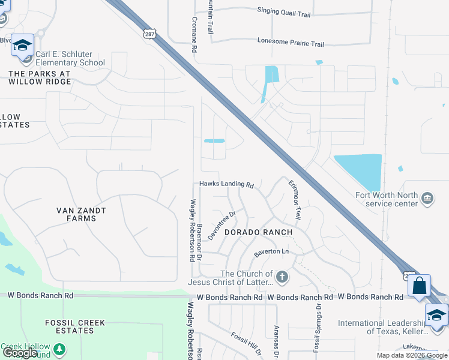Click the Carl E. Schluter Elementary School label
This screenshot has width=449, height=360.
click(70, 58)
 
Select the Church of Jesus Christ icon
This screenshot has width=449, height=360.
click(282, 277)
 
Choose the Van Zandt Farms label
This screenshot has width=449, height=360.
click(81, 214)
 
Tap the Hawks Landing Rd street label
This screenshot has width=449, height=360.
click(227, 185)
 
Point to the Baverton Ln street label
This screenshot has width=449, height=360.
click(271, 252)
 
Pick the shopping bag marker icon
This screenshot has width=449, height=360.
click(419, 286)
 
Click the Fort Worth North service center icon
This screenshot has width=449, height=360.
click(427, 198)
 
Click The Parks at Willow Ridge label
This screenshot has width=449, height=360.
click(40, 77)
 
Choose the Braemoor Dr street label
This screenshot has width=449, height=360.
click(199, 242)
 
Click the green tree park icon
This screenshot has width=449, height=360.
click(59, 349)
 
